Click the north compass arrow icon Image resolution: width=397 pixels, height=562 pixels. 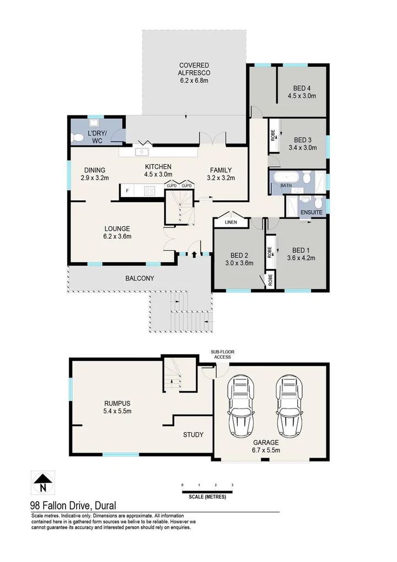[42, 484]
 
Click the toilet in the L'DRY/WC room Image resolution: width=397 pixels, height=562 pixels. [78, 137]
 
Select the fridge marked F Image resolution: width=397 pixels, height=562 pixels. [127, 191]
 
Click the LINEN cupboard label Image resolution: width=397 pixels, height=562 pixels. [232, 222]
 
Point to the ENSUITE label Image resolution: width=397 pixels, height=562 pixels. [311, 212]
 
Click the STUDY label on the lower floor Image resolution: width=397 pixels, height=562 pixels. [193, 434]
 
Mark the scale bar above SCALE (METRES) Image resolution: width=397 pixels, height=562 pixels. [207, 490]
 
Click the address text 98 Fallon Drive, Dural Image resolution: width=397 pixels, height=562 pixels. [73, 505]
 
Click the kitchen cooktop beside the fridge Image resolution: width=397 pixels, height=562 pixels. [149, 191]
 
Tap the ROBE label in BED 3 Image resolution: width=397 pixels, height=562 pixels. [273, 135]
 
